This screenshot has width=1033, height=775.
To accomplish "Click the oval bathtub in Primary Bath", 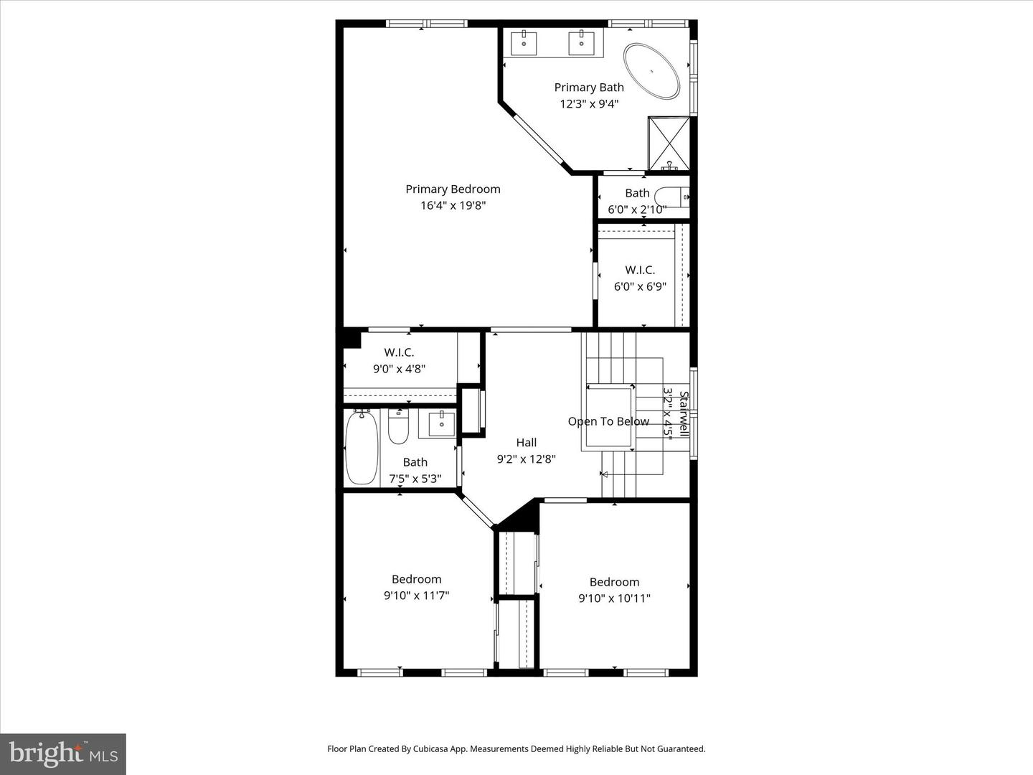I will (651, 71).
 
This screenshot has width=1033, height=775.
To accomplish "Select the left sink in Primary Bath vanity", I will (524, 43).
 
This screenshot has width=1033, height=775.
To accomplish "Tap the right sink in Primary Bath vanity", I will (581, 43).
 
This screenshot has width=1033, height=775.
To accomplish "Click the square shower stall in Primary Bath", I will (669, 144).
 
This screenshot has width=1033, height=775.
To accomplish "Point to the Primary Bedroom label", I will (453, 189).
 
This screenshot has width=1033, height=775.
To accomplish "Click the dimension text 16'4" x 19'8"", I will (453, 206).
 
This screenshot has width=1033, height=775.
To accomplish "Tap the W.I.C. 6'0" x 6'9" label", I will (640, 271).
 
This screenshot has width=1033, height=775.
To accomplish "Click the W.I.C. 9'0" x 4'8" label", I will (399, 352).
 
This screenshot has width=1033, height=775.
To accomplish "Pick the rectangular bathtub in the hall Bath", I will (362, 446).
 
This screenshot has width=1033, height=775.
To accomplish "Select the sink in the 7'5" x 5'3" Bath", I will (441, 423).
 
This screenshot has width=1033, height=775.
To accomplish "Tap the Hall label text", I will (526, 443).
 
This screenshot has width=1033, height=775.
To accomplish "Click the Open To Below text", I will (608, 421).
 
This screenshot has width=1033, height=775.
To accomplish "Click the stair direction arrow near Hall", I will (604, 474).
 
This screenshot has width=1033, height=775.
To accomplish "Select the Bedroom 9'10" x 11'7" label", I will (416, 579).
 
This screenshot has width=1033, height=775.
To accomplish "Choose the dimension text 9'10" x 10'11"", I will (614, 598).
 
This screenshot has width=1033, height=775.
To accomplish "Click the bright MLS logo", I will (63, 753).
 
